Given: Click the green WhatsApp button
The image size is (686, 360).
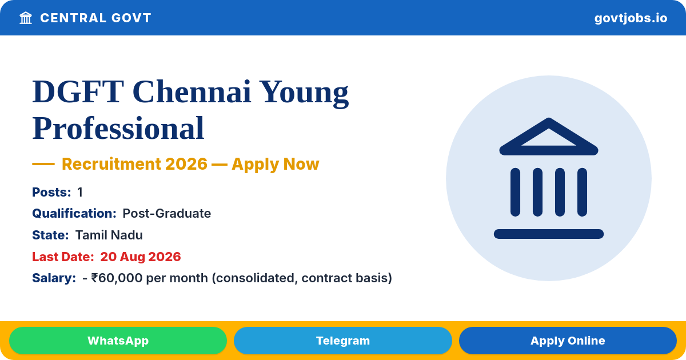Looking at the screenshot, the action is click(118, 341).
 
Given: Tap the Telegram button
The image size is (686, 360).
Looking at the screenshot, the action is click(342, 341).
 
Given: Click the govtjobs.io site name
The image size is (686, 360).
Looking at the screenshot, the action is click(631, 18).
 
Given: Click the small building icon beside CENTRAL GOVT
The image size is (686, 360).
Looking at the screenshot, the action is click(26, 18).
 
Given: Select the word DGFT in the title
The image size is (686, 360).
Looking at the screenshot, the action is click(78, 92).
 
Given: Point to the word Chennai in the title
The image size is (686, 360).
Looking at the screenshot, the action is click(192, 92).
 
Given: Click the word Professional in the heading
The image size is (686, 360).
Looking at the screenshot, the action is click(118, 128).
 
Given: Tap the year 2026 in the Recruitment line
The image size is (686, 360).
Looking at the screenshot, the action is click(186, 164).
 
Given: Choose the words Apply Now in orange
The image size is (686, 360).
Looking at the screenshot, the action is click(276, 164).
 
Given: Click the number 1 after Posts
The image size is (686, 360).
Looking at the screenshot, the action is click(80, 192).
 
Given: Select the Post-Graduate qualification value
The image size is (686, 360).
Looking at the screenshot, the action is click(166, 213).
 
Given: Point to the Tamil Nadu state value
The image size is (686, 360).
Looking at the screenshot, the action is click(109, 235).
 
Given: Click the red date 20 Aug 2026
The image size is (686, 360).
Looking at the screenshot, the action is click(141, 257).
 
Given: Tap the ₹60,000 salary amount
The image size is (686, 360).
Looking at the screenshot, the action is click(117, 278).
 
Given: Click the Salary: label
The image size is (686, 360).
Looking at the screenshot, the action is click(54, 278).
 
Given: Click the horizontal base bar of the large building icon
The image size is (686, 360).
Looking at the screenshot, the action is click(548, 234).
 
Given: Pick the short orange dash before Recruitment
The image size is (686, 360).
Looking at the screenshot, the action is click(43, 164).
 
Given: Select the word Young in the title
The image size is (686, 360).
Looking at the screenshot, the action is click(305, 93).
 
